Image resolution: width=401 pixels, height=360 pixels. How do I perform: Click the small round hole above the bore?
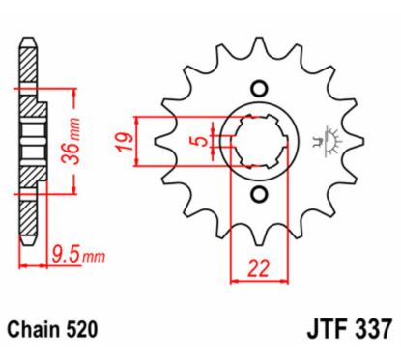tap(257, 86)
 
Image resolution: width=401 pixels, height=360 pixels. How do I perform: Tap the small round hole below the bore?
tap(257, 196)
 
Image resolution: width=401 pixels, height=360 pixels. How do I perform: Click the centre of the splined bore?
tap(257, 141)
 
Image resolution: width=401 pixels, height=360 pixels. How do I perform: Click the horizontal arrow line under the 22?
tap(257, 281)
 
